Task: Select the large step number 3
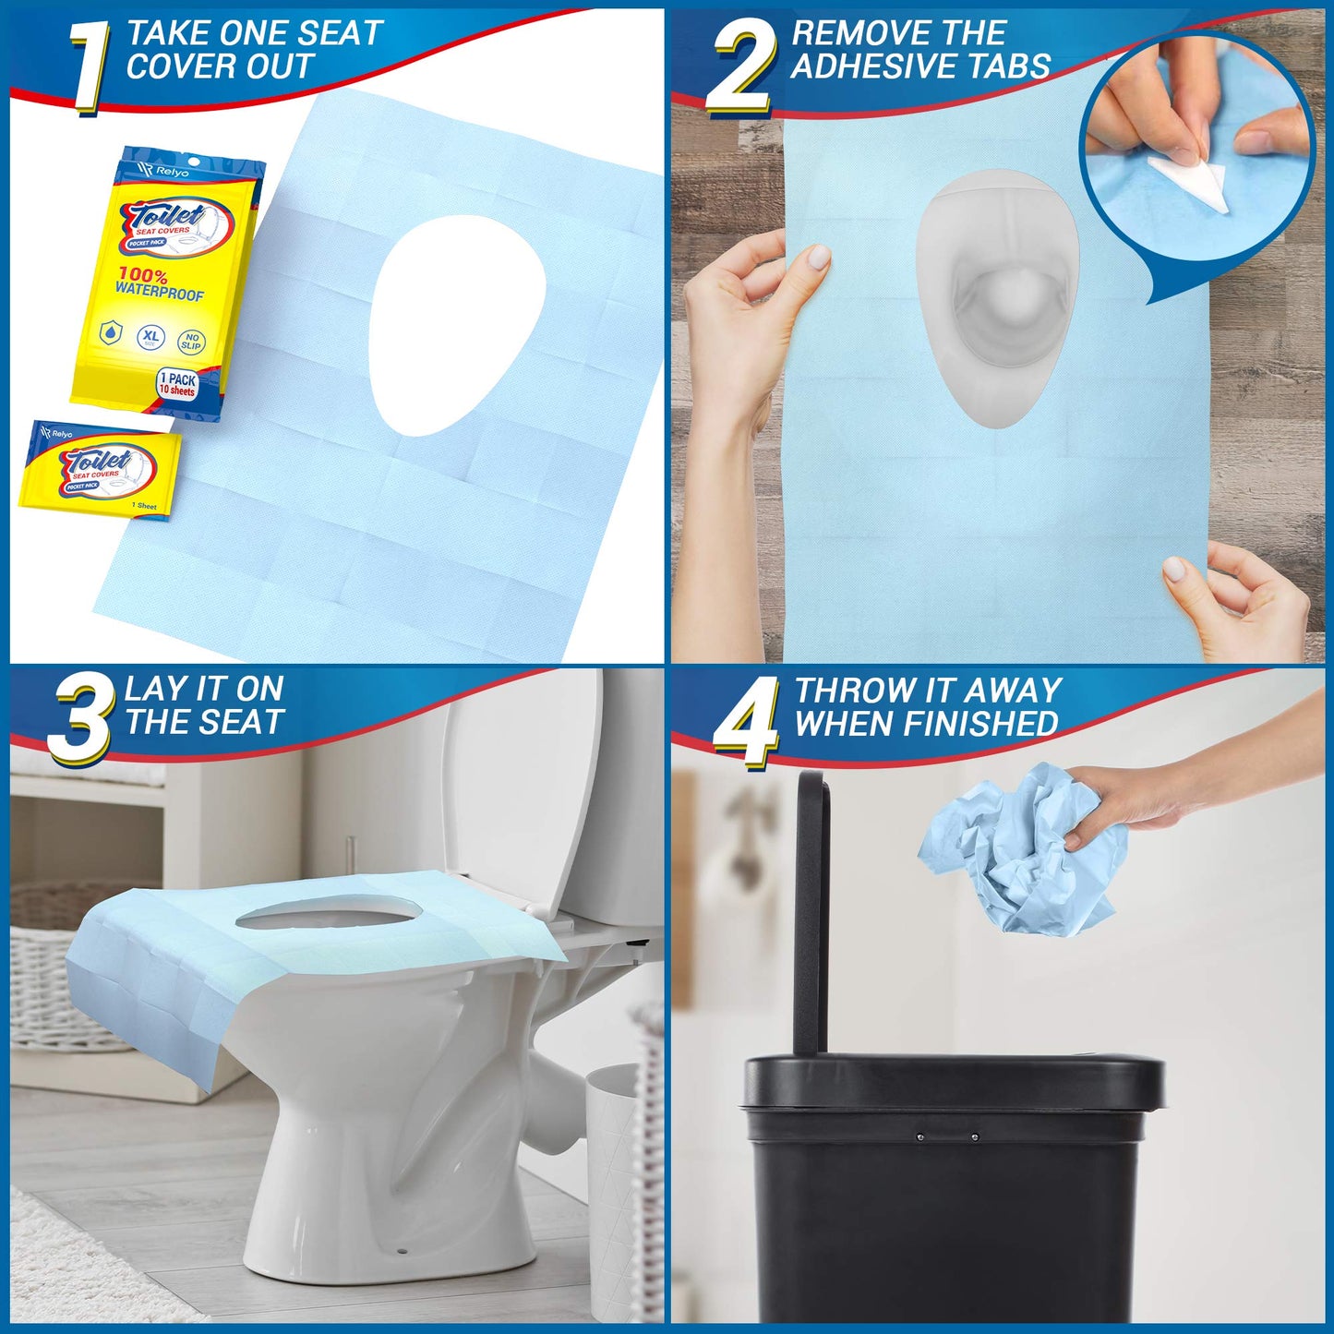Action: pyautogui.click(x=79, y=720)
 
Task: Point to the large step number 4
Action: pyautogui.click(x=746, y=722)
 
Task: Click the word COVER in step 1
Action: pyautogui.click(x=170, y=67)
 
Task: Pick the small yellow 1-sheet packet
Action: pyautogui.click(x=100, y=471)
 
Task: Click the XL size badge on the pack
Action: pyautogui.click(x=150, y=338)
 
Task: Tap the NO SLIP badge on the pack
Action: pyautogui.click(x=191, y=342)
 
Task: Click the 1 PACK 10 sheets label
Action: pyautogui.click(x=177, y=384)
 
